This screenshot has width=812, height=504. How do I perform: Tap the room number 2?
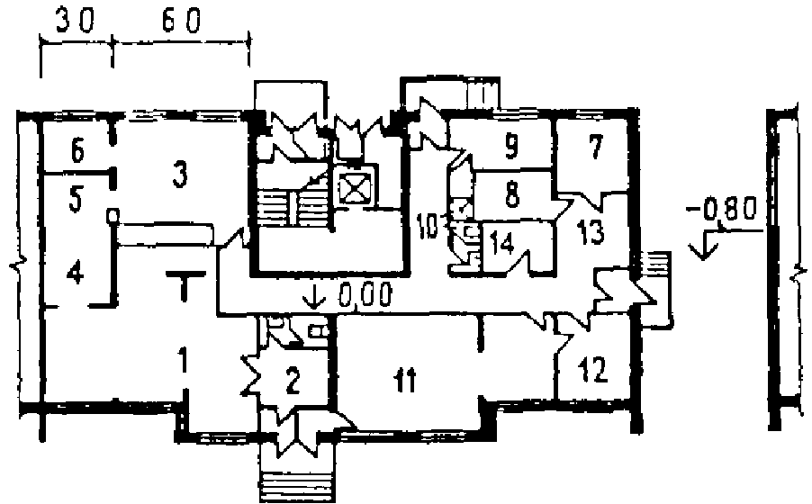pos(291,381)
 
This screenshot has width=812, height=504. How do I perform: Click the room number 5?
pos(76,200)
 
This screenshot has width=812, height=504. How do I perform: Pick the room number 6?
pos(77,152)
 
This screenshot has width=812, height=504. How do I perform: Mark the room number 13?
pos(591,229)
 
